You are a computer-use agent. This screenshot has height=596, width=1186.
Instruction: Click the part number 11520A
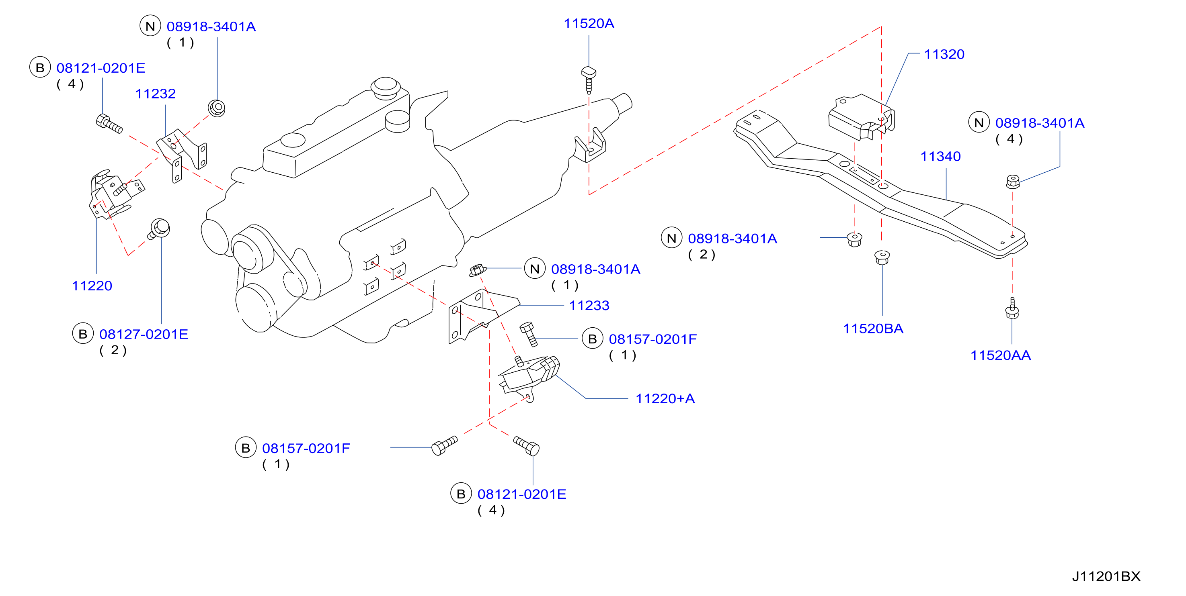[x=589, y=23]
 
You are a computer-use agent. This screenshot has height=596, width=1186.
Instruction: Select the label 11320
[x=944, y=54]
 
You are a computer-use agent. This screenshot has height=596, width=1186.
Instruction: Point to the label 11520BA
[x=873, y=329]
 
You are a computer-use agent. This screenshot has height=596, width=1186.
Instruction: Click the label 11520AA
[x=1000, y=355]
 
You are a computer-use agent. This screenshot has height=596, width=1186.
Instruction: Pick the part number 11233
[x=589, y=305]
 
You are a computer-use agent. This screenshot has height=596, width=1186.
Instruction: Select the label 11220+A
[x=665, y=398]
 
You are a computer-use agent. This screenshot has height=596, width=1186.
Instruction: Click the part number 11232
[x=155, y=94]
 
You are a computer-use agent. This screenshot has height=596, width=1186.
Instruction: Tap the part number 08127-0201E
[x=144, y=334]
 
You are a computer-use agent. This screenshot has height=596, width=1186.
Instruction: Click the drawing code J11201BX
[x=1106, y=576]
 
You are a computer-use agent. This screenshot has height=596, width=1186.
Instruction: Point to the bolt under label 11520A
[x=589, y=80]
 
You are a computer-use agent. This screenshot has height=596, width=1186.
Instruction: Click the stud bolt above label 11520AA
[x=1012, y=308]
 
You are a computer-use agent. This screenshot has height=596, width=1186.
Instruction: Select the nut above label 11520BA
[x=882, y=257]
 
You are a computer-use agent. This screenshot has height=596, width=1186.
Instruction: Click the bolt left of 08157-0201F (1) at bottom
[x=444, y=445]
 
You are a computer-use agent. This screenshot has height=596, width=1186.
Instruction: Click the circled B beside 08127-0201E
[x=83, y=334]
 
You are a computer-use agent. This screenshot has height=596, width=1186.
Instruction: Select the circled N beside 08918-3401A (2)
[x=671, y=238]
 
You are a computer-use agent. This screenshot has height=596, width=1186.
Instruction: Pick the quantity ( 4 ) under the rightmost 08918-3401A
[x=1009, y=139]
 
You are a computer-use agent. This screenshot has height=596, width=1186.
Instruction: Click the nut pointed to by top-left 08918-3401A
[x=216, y=108]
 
